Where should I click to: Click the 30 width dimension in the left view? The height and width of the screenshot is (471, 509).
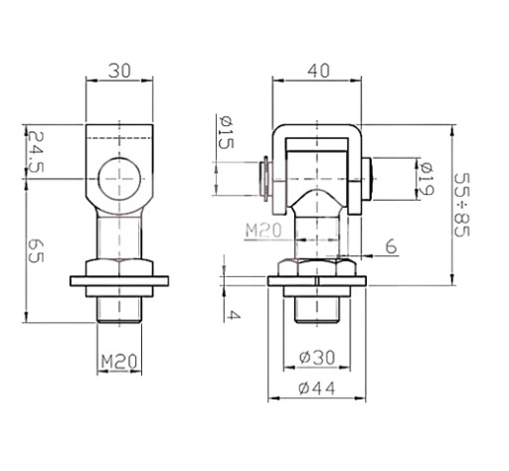[119, 71]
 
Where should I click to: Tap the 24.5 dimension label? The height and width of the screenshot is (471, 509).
[35, 152]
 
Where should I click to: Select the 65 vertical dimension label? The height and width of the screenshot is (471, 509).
[35, 250]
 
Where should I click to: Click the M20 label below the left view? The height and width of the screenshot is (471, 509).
[119, 362]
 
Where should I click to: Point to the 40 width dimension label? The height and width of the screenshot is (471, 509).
[319, 71]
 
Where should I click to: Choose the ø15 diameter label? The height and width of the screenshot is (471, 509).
[226, 133]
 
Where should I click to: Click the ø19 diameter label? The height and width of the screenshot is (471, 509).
[426, 178]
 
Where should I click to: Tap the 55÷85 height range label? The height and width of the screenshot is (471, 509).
[462, 205]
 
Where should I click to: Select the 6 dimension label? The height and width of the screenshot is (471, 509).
[391, 246]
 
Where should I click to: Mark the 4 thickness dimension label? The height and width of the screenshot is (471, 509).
[234, 315]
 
